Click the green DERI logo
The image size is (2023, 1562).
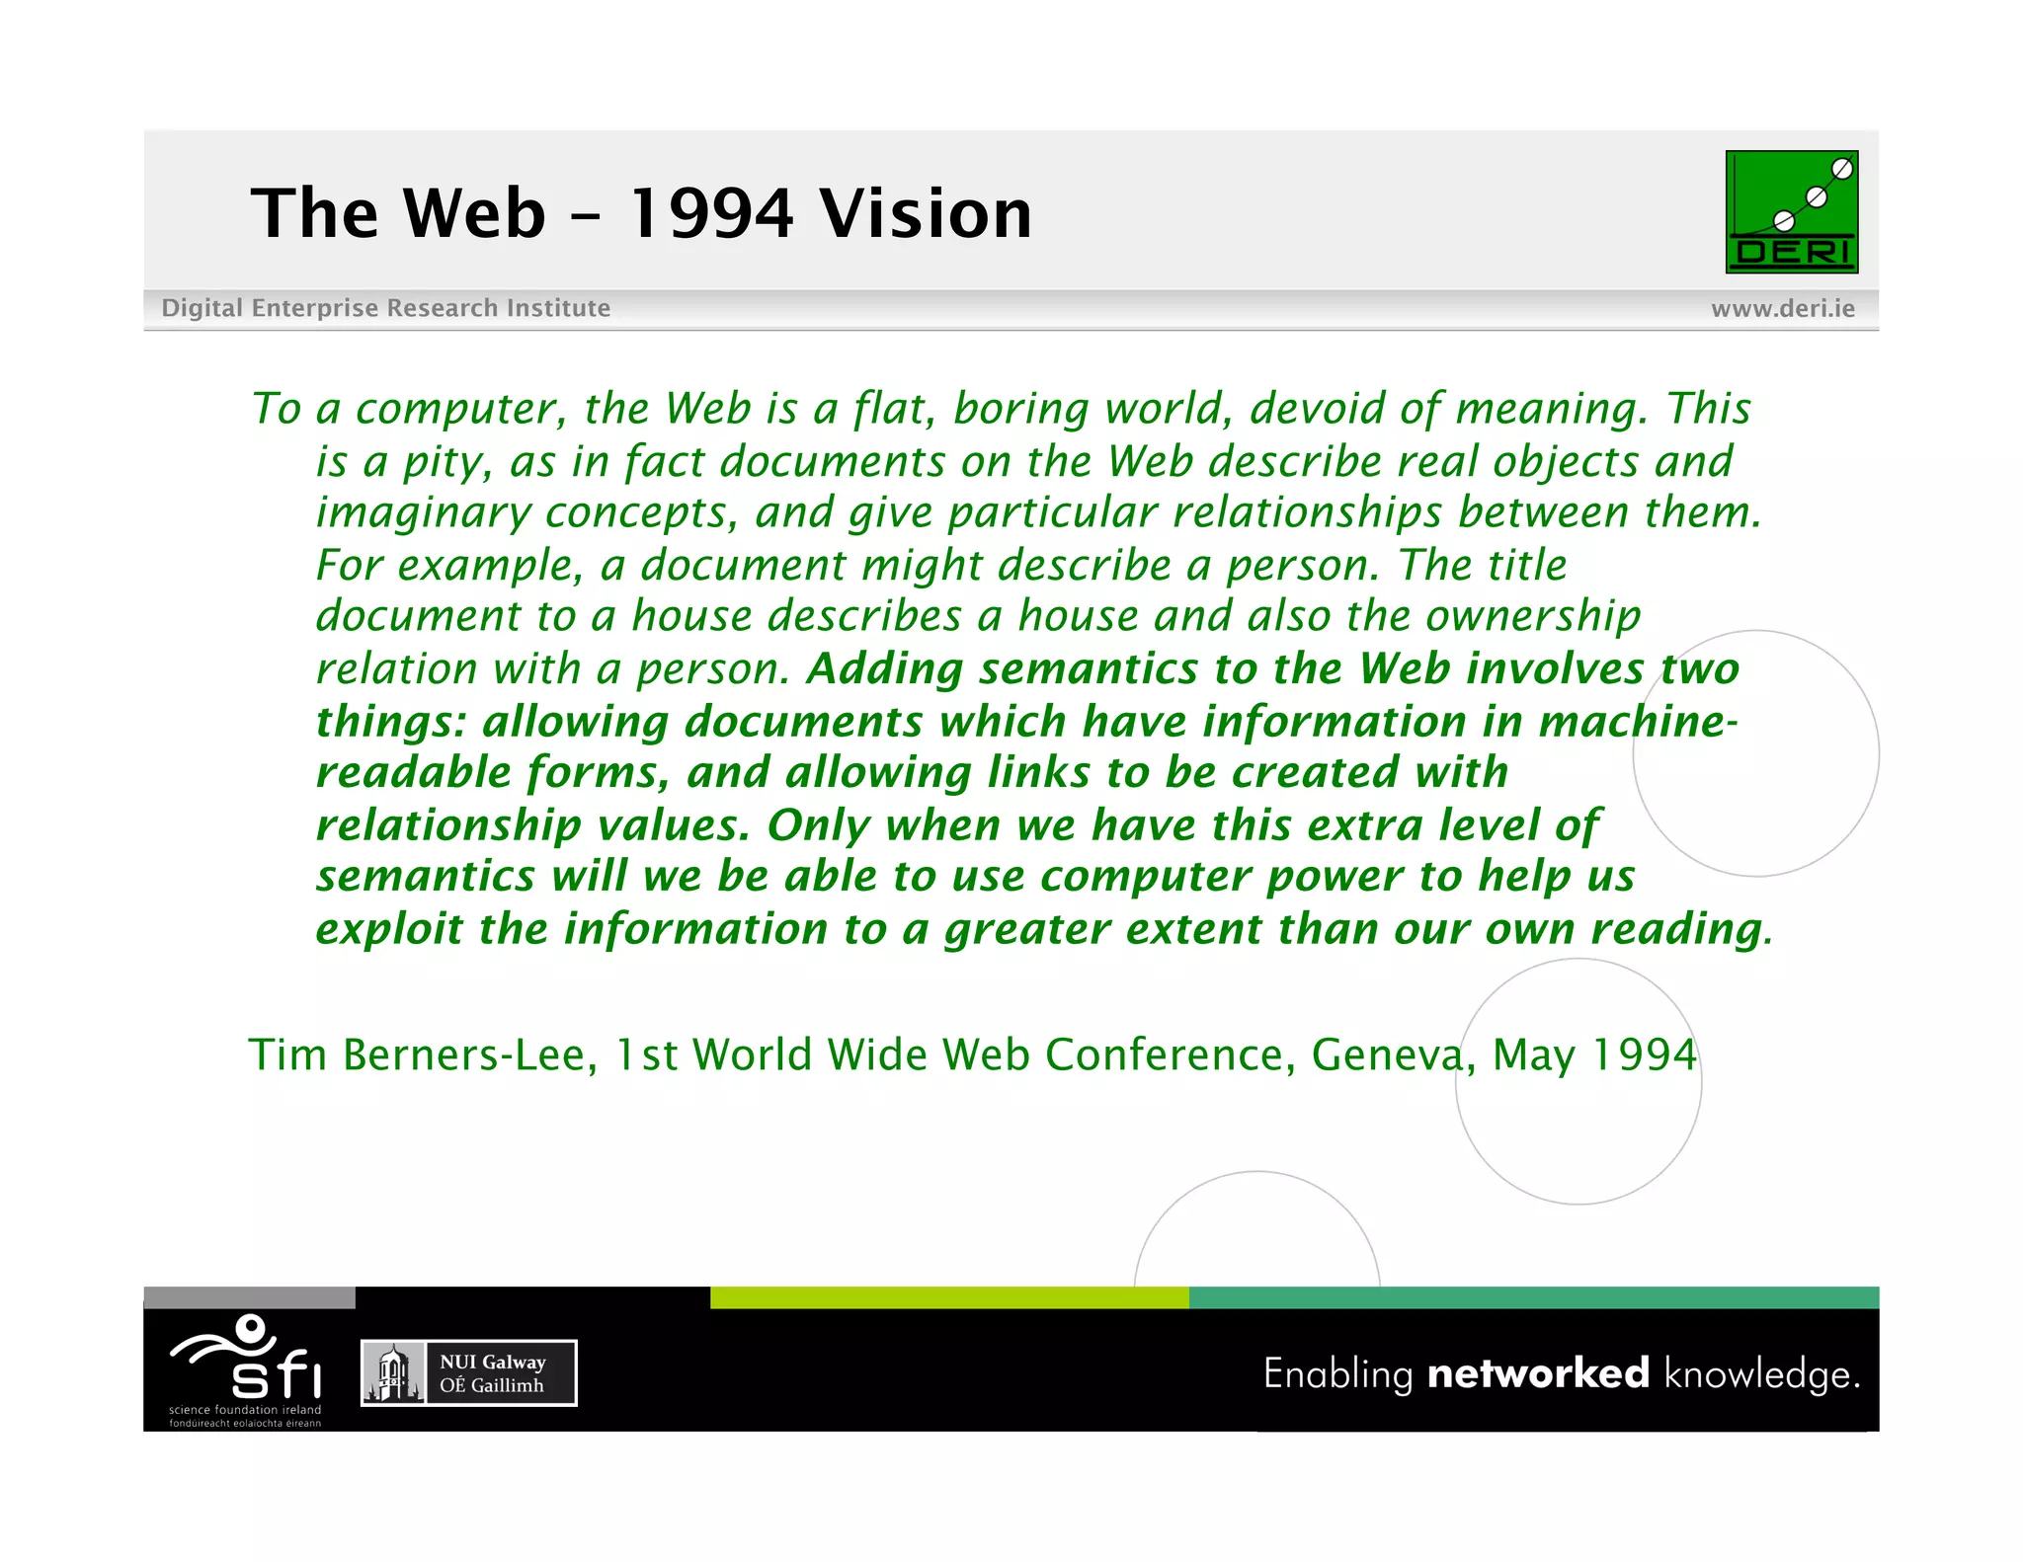point(1791,211)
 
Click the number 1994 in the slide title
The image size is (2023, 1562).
point(710,213)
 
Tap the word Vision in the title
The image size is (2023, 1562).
point(926,213)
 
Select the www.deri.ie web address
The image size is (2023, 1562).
point(1782,309)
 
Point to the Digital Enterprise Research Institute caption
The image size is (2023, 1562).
point(385,308)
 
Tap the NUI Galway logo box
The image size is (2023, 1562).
point(469,1372)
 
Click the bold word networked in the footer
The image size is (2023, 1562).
point(1538,1373)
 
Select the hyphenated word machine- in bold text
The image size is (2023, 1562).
point(1638,722)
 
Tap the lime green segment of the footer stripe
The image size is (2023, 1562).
point(948,1297)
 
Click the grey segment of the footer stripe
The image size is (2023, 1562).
point(249,1297)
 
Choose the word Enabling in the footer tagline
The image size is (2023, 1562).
point(1338,1374)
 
